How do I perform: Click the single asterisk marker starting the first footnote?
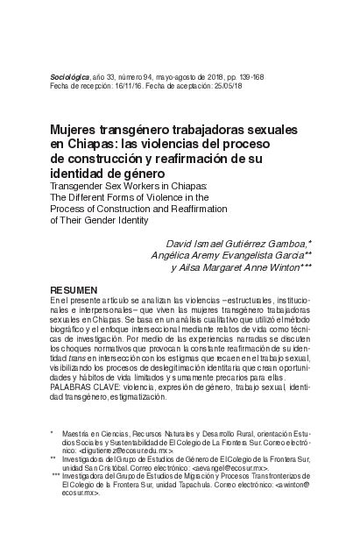point(53,433)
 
